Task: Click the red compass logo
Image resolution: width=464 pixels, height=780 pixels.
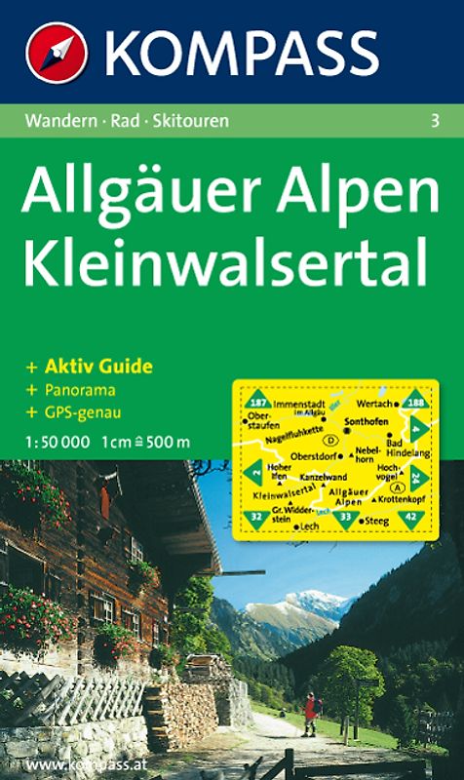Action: click(58, 52)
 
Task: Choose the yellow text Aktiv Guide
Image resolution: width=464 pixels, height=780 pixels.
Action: click(96, 367)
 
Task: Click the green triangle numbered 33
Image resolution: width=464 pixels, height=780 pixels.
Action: click(345, 516)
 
